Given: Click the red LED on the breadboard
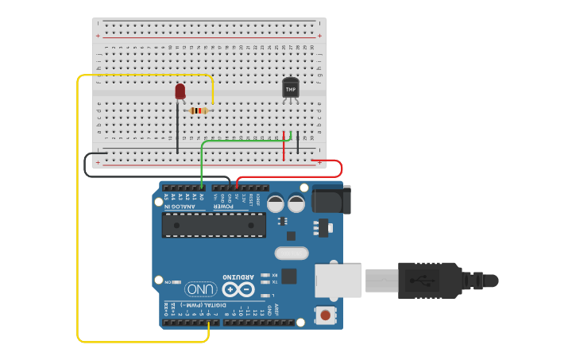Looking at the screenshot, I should click(180, 91).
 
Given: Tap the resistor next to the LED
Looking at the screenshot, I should click(199, 110).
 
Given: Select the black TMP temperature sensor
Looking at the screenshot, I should click(290, 88).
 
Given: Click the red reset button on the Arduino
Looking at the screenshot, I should click(325, 315).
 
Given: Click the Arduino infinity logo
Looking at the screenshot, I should click(238, 289).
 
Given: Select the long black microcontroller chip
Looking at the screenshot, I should click(214, 225).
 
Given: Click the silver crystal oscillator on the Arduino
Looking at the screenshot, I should click(291, 254).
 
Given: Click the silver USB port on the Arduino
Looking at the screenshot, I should click(337, 281).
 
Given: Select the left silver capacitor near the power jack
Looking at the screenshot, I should click(276, 203).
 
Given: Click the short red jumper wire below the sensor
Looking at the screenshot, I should click(284, 145).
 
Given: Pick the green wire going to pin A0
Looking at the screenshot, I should click(203, 163).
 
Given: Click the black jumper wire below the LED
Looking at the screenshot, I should click(177, 127).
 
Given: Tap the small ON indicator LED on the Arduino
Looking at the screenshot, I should click(174, 281).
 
